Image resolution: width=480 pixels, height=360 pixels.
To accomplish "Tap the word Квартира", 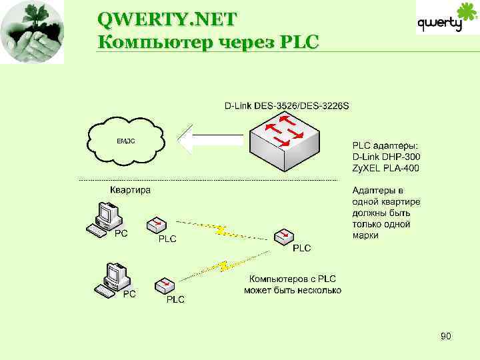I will (x=130, y=190).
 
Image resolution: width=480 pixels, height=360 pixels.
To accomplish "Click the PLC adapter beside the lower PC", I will (x=165, y=285).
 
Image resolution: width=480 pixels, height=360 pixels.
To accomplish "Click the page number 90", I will (x=445, y=337).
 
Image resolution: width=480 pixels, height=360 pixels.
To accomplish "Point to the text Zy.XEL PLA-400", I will (x=386, y=167).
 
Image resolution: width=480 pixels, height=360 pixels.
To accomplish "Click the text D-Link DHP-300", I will (x=386, y=157).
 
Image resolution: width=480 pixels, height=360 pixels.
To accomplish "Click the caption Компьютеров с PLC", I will (x=293, y=279).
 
